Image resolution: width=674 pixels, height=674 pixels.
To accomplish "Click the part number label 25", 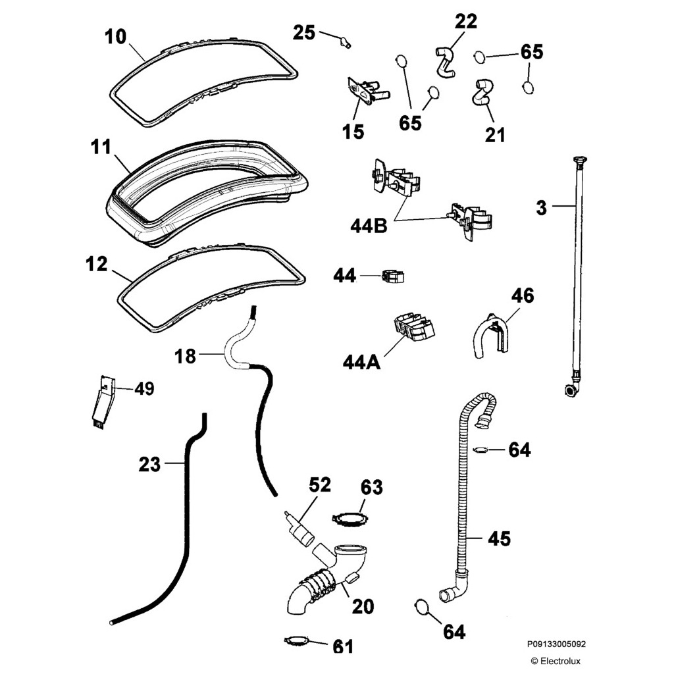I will pyautogui.click(x=304, y=32).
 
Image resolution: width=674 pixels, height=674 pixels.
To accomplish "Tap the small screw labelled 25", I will pyautogui.click(x=344, y=43).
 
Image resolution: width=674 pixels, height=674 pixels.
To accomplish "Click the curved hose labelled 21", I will pyautogui.click(x=480, y=93).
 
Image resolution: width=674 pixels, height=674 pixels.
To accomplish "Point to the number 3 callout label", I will pyautogui.click(x=541, y=208).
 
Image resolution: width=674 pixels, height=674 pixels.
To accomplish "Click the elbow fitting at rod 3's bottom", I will pyautogui.click(x=571, y=388).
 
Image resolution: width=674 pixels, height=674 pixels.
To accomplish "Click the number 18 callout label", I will pyautogui.click(x=186, y=356).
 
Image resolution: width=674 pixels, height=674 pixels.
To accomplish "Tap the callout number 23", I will pyautogui.click(x=150, y=465).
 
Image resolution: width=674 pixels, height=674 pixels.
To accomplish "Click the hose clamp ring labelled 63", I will pyautogui.click(x=349, y=519).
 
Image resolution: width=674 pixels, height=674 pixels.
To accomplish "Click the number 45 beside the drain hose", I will pyautogui.click(x=499, y=538).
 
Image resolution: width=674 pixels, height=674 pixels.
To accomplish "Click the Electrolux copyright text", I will pyautogui.click(x=556, y=661).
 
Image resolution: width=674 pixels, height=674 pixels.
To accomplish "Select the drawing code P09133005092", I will pyautogui.click(x=556, y=645).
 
